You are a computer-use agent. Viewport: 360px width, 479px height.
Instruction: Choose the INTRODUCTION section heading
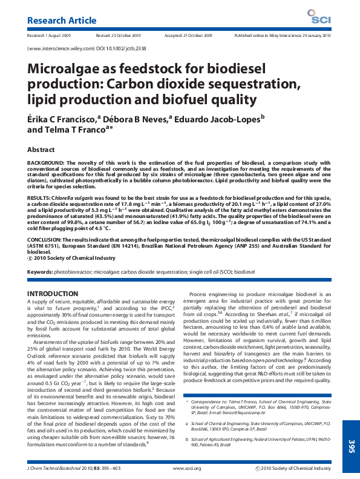(x=53, y=294)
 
